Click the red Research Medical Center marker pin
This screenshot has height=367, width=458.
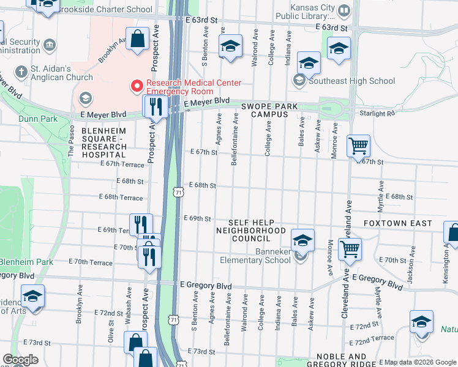tap(135, 86)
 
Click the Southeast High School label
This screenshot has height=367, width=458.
tap(351, 81)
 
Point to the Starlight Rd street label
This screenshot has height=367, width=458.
tap(377, 113)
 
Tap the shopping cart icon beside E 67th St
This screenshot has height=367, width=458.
tap(358, 147)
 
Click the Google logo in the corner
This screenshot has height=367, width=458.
tap(21, 359)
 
